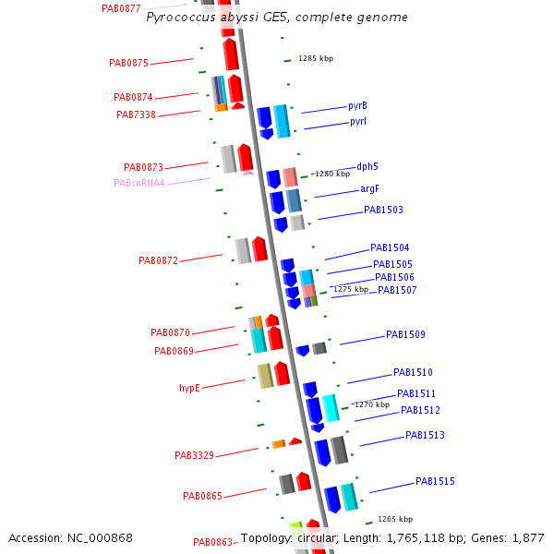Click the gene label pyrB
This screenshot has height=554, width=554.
pos(357,105)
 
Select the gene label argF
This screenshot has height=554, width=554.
pos(369,189)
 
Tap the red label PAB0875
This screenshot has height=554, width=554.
pos(128,64)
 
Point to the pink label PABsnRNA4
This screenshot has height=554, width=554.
pos(139,183)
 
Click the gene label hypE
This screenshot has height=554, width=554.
pos(189,388)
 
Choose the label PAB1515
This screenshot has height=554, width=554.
pos(435,481)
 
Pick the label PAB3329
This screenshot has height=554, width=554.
pos(194,455)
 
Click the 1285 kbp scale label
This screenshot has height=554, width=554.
pos(315,58)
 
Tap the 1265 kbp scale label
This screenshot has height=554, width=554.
pos(394,519)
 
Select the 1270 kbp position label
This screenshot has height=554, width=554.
pos(371,404)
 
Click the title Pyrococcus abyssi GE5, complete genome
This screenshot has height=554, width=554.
pos(277,18)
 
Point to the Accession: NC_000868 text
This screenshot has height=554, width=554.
pos(70,537)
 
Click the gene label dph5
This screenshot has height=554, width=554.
pos(367,167)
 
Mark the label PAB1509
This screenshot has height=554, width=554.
pos(405,334)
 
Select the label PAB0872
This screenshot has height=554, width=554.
pos(158,260)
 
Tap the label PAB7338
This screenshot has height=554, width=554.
pos(136,114)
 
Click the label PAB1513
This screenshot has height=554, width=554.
pos(425,435)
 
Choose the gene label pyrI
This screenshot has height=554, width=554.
pos(358,122)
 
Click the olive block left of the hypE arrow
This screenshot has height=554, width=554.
pos(265,376)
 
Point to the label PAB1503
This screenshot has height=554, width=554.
pos(383,210)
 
